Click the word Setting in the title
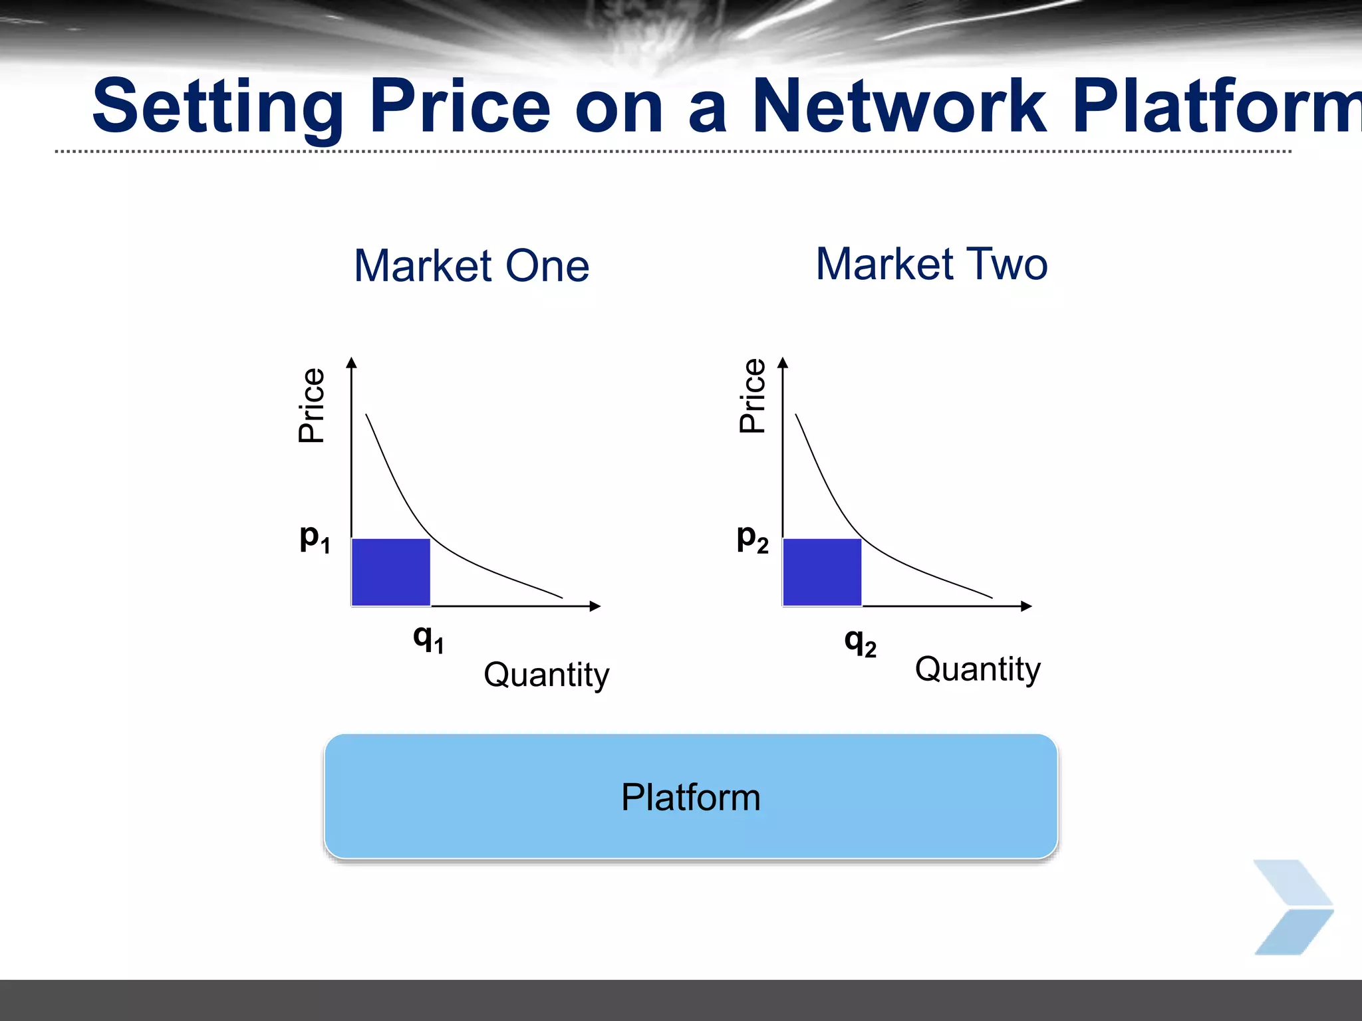[x=218, y=106]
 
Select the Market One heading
[x=472, y=266]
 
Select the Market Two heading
[x=932, y=264]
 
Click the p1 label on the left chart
[x=315, y=538]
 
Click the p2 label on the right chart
[x=752, y=538]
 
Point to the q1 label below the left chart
[x=428, y=639]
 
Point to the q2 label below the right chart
[x=860, y=643]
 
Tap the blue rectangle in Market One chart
[x=390, y=572]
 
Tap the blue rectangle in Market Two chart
[x=822, y=572]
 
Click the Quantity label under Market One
[x=546, y=675]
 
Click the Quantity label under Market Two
[x=978, y=669]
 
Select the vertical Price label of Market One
[x=311, y=405]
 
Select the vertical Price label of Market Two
[x=752, y=396]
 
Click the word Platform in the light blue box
[x=690, y=797]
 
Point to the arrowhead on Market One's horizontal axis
[x=595, y=606]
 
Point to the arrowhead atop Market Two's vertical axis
[x=783, y=363]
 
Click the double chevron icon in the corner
[x=1293, y=907]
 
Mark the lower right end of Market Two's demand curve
[x=991, y=597]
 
